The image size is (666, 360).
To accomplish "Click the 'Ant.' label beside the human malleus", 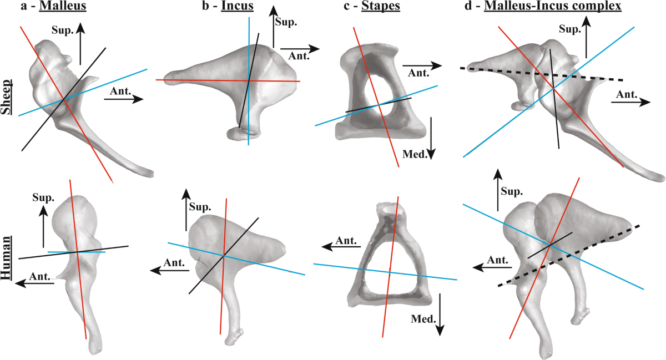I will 41,276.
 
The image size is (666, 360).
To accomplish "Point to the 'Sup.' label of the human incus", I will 200,207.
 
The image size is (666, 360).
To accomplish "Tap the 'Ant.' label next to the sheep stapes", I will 418,72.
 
